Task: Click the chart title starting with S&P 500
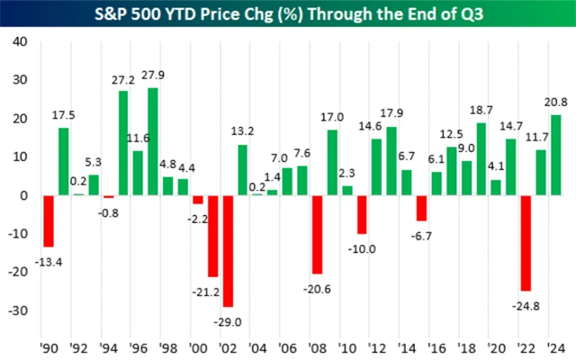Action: [x=288, y=14]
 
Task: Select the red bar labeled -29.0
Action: [x=228, y=251]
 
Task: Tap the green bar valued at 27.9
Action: [x=153, y=141]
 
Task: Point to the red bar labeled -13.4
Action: [x=49, y=221]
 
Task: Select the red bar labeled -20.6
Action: [x=316, y=235]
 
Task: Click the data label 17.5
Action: [x=63, y=114]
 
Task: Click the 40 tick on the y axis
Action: [x=20, y=41]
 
